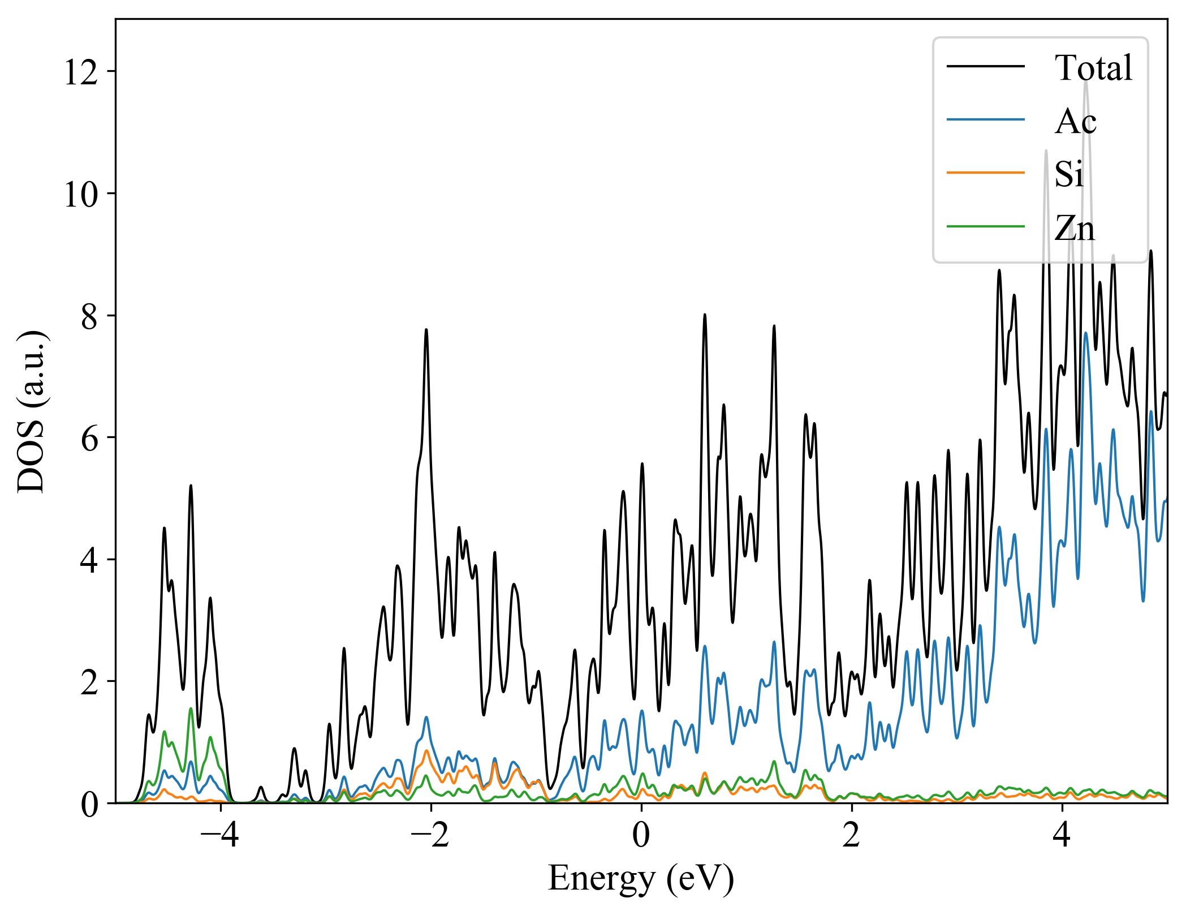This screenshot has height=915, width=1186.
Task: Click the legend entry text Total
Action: coord(1093,68)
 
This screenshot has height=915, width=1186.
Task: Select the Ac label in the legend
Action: coord(1075,121)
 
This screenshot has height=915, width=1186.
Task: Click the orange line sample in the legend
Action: coord(985,172)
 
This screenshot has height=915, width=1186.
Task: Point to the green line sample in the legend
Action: coord(985,226)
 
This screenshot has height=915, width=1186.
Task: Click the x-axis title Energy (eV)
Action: coord(641,878)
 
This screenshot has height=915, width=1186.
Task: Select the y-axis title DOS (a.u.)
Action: coord(31,411)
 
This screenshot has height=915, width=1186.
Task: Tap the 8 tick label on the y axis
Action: coord(90,316)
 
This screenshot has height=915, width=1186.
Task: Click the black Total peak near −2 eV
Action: coord(426,330)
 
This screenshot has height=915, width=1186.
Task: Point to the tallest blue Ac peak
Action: coord(1086,333)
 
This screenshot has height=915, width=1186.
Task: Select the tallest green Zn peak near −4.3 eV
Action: coord(191,708)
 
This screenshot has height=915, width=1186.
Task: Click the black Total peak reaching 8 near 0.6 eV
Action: coord(705,315)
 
